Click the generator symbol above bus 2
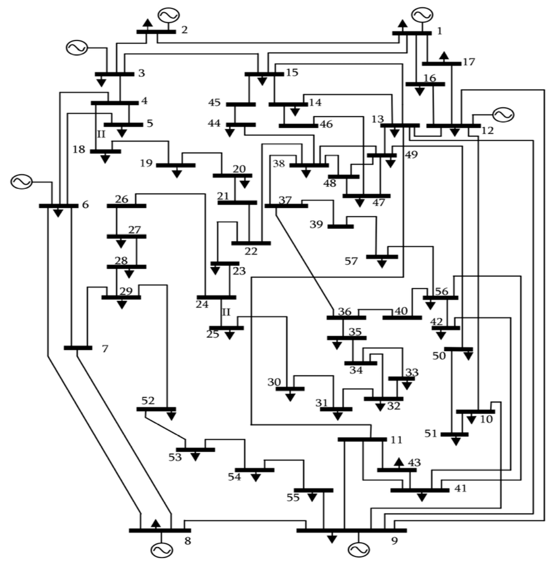tap(169, 15)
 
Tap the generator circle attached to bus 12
tap(503, 115)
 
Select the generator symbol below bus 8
tap(161, 550)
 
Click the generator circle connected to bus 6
tap(21, 182)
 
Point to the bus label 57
tap(351, 261)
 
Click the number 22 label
tap(251, 251)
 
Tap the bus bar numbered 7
tap(78, 348)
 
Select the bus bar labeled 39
tap(340, 226)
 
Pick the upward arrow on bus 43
tap(399, 462)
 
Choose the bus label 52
tap(148, 400)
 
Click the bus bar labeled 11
tap(362, 439)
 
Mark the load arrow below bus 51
tap(456, 441)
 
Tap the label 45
tap(214, 103)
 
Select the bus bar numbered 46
tap(298, 126)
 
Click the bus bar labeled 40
tap(402, 318)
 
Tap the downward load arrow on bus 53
tap(195, 456)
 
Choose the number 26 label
tap(122, 199)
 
